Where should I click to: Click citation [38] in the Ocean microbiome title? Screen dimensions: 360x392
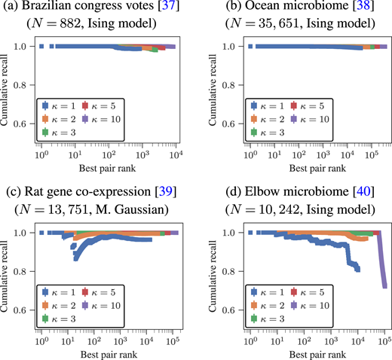(360, 8)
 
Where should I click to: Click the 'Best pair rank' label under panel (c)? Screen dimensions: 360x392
(106, 352)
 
